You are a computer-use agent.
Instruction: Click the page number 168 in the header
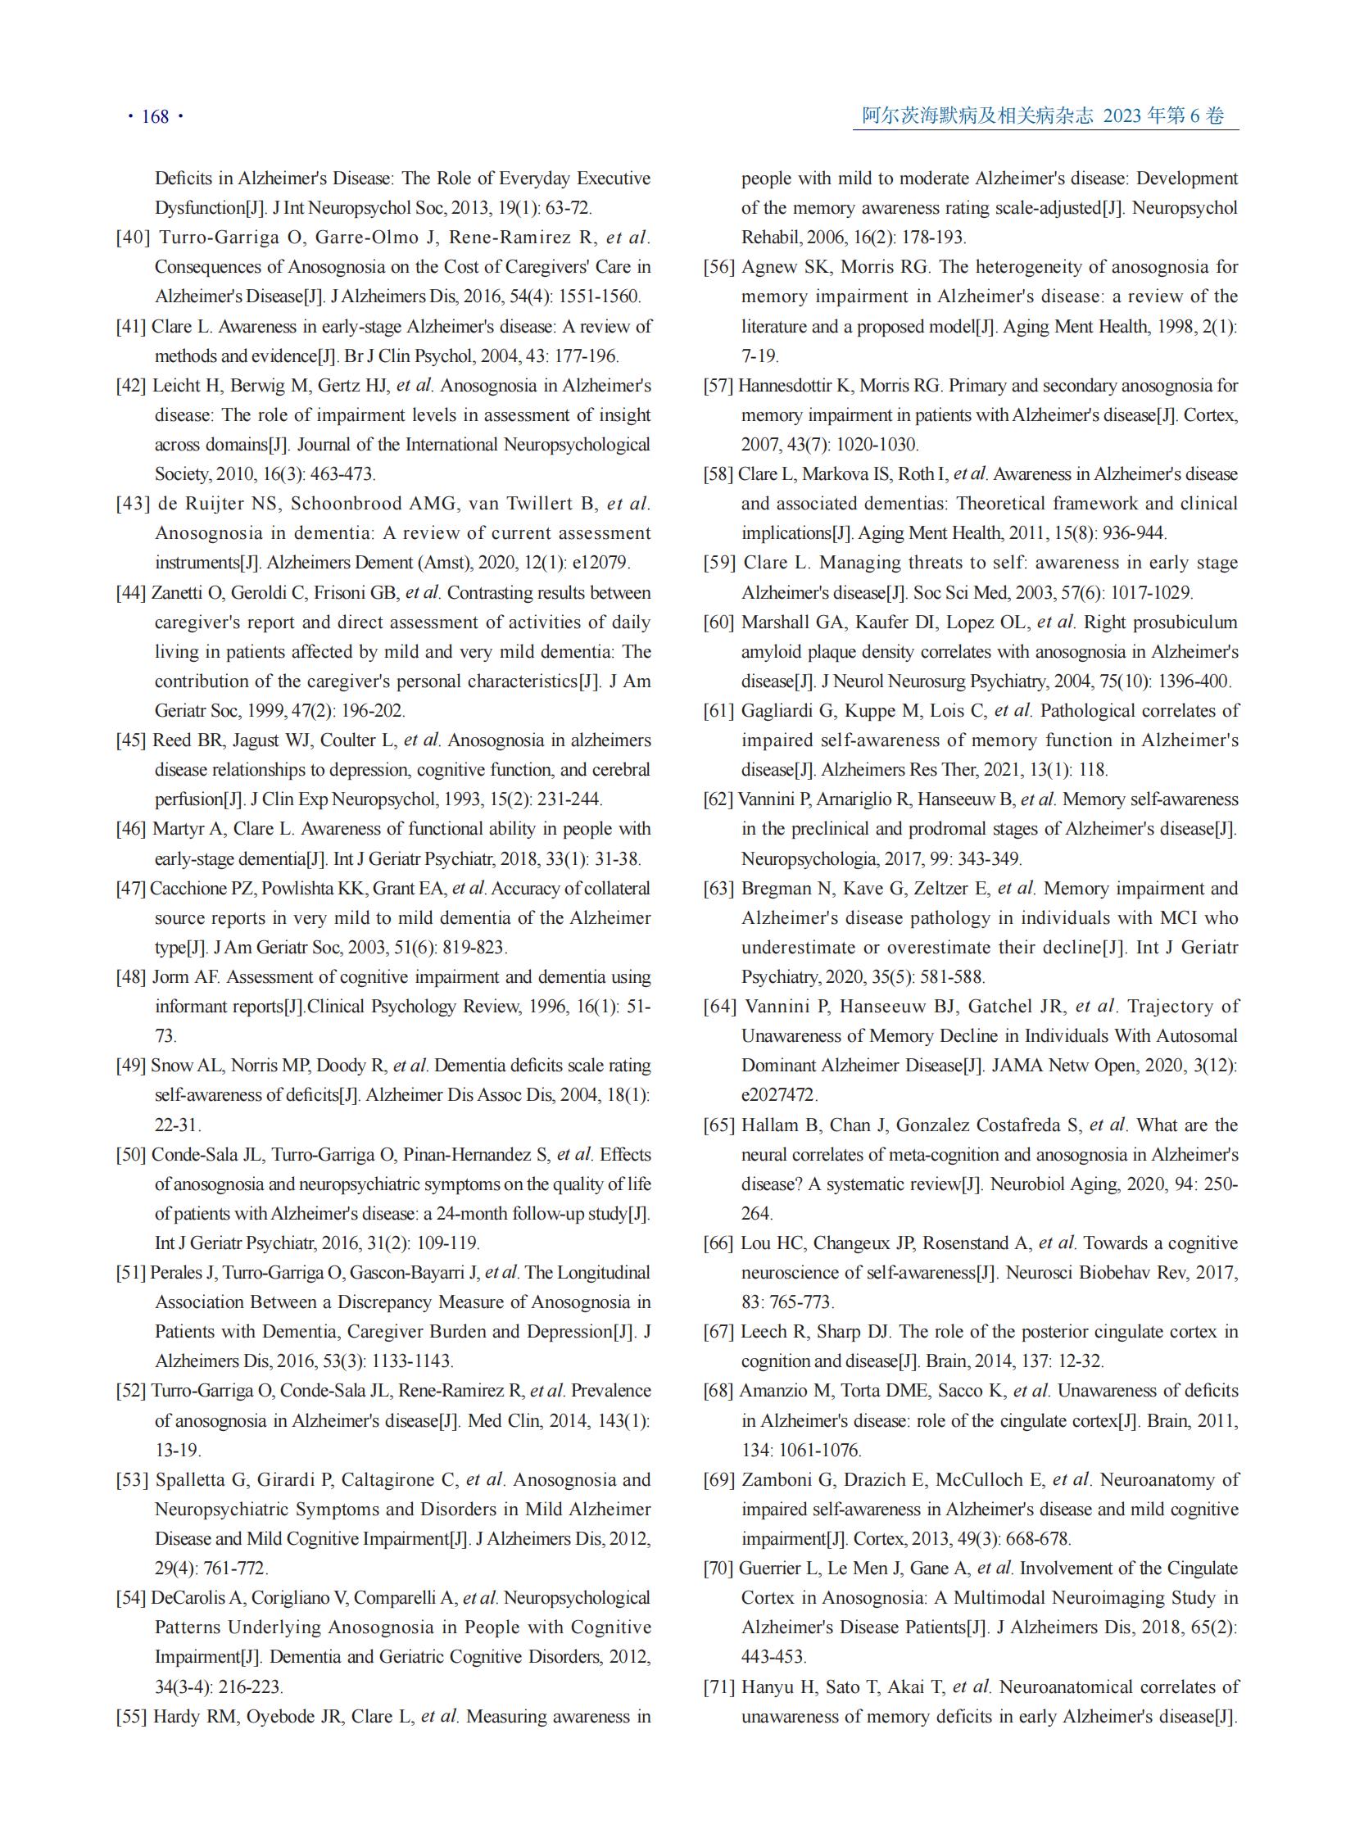pos(155,116)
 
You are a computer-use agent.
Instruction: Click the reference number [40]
pos(133,238)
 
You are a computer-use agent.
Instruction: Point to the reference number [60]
pos(718,622)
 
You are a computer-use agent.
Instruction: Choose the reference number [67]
pos(718,1331)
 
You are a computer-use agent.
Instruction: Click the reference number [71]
pos(718,1686)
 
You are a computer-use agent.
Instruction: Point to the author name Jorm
pos(170,977)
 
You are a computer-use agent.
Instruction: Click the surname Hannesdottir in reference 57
pos(791,386)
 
